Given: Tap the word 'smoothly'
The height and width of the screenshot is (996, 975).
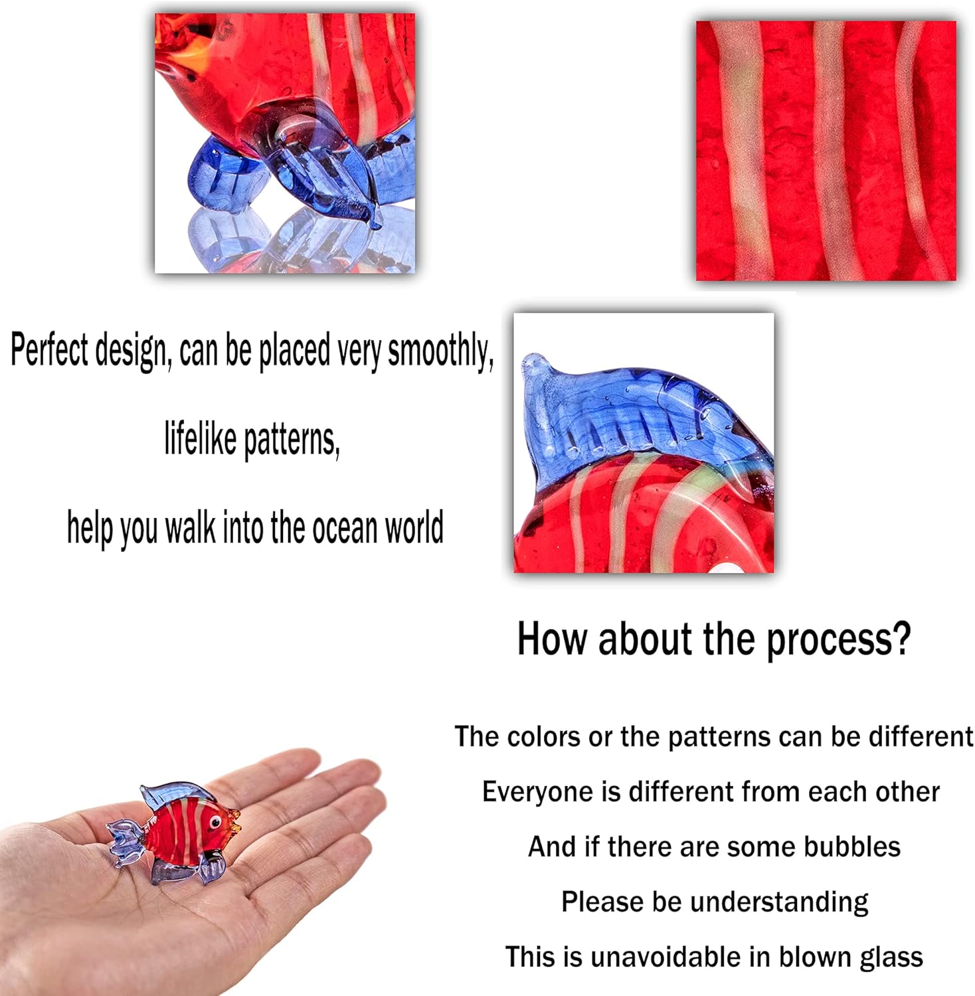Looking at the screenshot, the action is [x=440, y=351].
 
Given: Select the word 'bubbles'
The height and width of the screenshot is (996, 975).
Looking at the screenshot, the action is [x=851, y=847].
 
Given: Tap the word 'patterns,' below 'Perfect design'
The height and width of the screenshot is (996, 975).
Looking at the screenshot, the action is [x=292, y=440].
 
